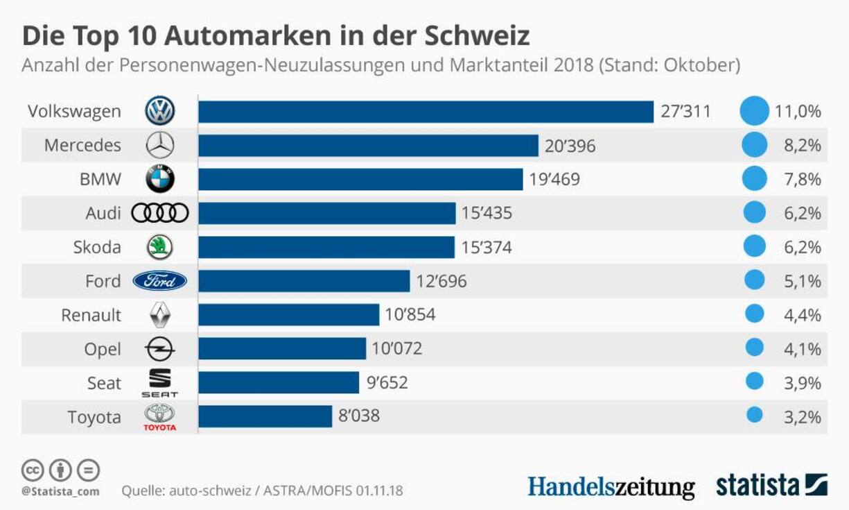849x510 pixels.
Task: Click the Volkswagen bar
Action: click(x=426, y=112)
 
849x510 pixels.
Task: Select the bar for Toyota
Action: click(x=265, y=416)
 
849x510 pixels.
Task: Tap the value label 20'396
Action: click(x=570, y=146)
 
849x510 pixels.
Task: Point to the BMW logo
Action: click(x=160, y=179)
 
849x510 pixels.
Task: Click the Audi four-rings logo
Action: click(x=160, y=213)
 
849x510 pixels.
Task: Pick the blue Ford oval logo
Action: click(x=160, y=281)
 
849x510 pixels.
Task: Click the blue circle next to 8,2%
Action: click(x=754, y=146)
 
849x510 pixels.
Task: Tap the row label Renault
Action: click(x=91, y=315)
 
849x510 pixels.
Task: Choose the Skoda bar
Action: click(x=326, y=247)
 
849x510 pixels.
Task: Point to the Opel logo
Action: click(x=160, y=348)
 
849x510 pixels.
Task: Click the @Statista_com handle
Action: click(x=60, y=491)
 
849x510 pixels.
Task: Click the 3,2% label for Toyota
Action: click(x=802, y=417)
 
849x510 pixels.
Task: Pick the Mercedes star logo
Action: click(x=160, y=146)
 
